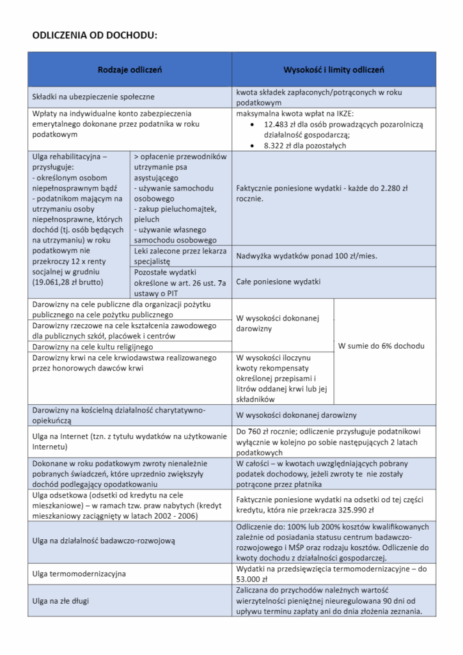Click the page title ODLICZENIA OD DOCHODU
[x=94, y=35]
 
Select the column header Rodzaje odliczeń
[x=130, y=69]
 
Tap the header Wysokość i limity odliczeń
[x=334, y=69]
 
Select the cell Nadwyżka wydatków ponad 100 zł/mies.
[x=306, y=256]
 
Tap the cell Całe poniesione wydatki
[x=278, y=281]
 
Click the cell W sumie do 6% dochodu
[x=381, y=346]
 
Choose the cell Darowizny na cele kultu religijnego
[x=93, y=347]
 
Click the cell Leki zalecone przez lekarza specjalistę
[x=180, y=256]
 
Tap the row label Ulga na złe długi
[x=61, y=601]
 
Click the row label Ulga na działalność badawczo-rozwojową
[x=104, y=541]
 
